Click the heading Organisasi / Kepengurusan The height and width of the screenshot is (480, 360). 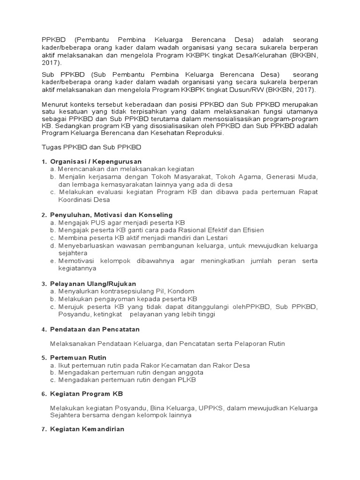[x=89, y=161]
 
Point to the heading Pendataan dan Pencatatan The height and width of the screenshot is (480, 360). [x=95, y=330]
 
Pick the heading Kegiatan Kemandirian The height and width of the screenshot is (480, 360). [x=87, y=429]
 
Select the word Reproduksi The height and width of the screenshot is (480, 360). [x=204, y=133]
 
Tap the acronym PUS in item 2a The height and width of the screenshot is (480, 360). [x=100, y=222]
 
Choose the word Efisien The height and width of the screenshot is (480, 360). [x=252, y=230]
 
